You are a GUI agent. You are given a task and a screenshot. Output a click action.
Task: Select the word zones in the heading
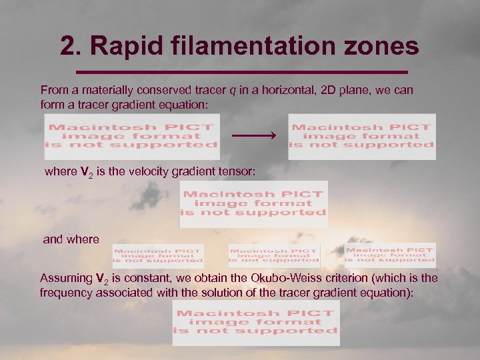pyautogui.click(x=385, y=46)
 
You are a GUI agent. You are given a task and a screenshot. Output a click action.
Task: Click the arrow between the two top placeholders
pyautogui.click(x=253, y=136)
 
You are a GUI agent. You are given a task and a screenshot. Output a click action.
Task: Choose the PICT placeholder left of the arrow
pyautogui.click(x=131, y=136)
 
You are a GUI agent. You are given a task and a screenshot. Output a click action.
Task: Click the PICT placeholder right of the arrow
pyautogui.click(x=361, y=136)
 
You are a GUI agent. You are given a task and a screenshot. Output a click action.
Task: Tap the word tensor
pyautogui.click(x=237, y=172)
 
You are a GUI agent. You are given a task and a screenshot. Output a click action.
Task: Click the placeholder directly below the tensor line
pyautogui.click(x=253, y=203)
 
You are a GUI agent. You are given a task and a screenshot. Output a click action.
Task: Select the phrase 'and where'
pyautogui.click(x=71, y=239)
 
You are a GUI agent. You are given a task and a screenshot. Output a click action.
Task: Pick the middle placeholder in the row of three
pyautogui.click(x=273, y=255)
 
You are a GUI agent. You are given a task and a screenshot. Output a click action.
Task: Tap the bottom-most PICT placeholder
pyautogui.click(x=256, y=322)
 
